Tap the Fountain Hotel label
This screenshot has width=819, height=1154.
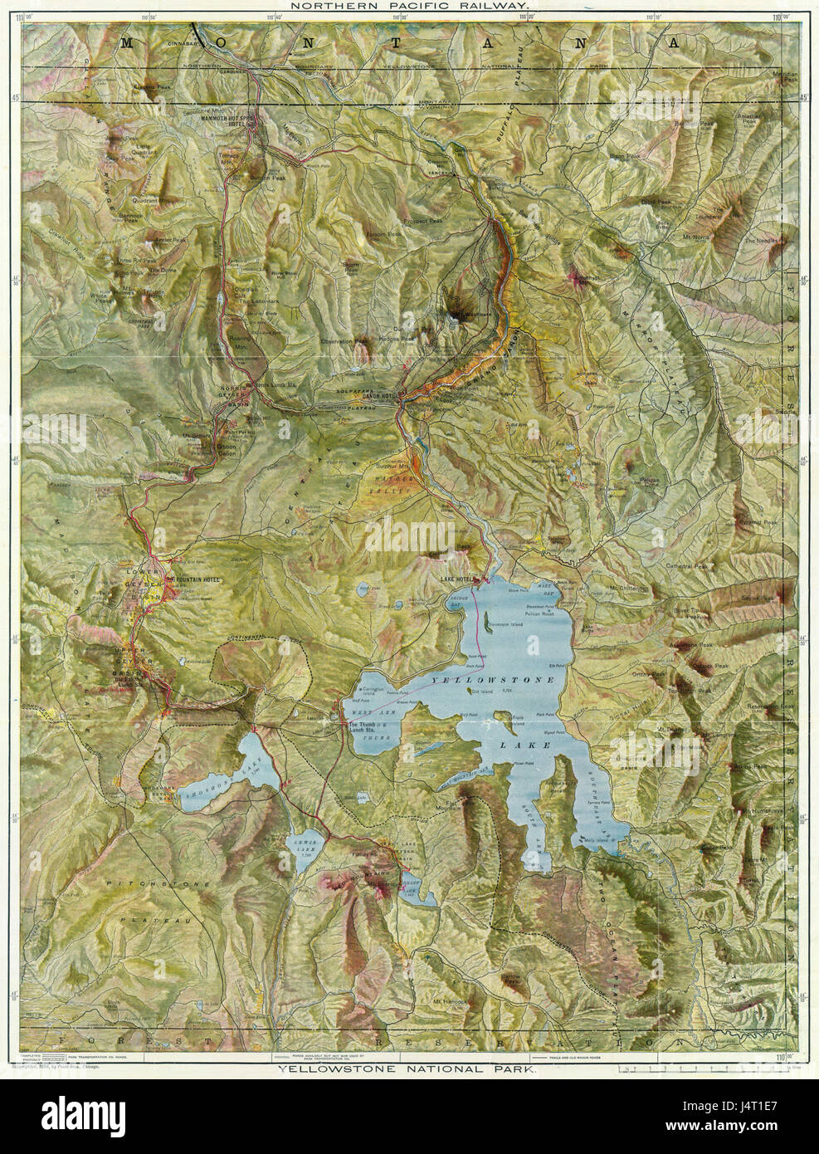(x=192, y=579)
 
